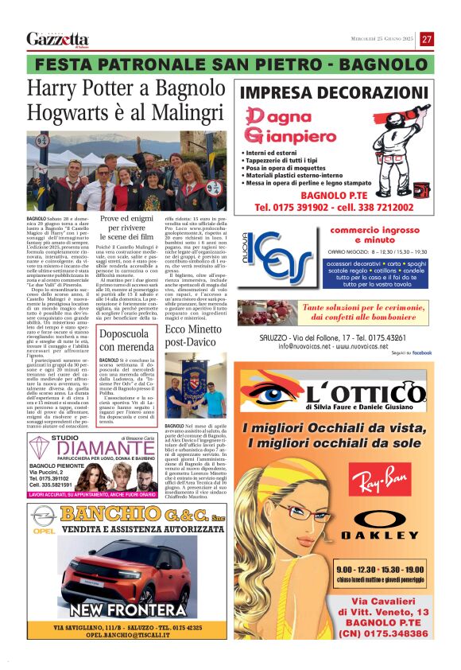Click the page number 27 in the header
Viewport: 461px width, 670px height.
coord(427,39)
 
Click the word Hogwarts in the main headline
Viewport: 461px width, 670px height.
coord(68,111)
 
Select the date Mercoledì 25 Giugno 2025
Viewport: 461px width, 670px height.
coord(383,40)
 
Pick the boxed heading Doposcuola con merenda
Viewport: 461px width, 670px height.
coord(126,341)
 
